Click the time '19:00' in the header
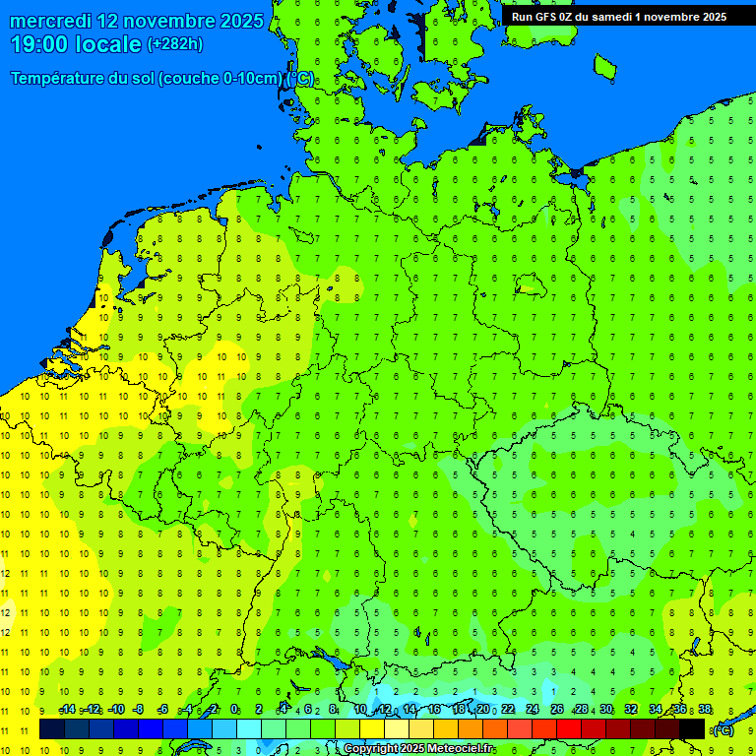pos(39,44)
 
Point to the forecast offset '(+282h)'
pos(175,44)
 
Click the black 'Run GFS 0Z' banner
pos(618,16)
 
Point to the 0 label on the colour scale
pos(234,710)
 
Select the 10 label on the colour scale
pos(360,710)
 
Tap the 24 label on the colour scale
pos(533,710)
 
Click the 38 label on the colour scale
pos(705,710)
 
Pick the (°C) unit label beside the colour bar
pos(723,729)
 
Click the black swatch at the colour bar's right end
pos(692,728)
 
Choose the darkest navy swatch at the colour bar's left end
pos(52,728)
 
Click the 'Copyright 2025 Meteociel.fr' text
pos(418,749)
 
